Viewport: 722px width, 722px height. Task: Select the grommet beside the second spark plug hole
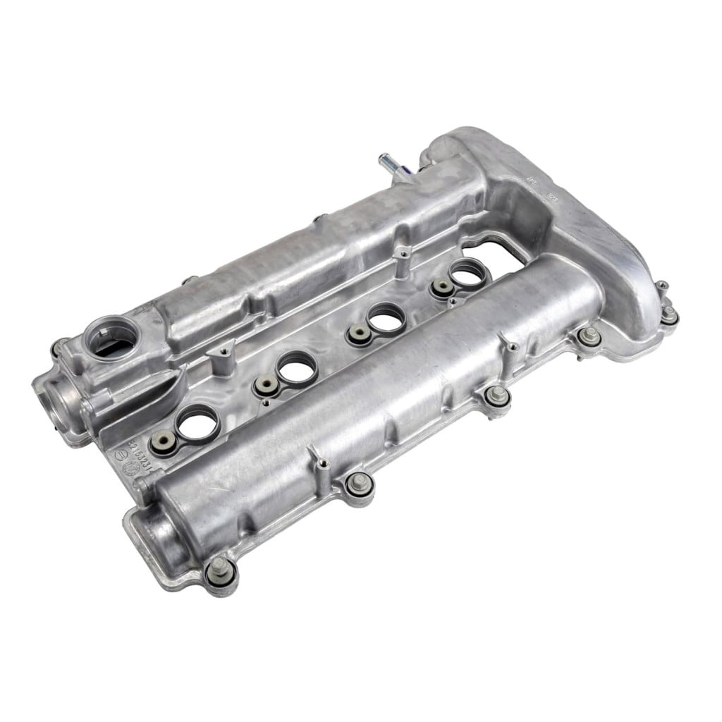(265, 385)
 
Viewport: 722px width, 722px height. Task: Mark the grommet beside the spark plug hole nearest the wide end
(442, 287)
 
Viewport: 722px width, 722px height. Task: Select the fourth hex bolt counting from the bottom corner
(589, 336)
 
